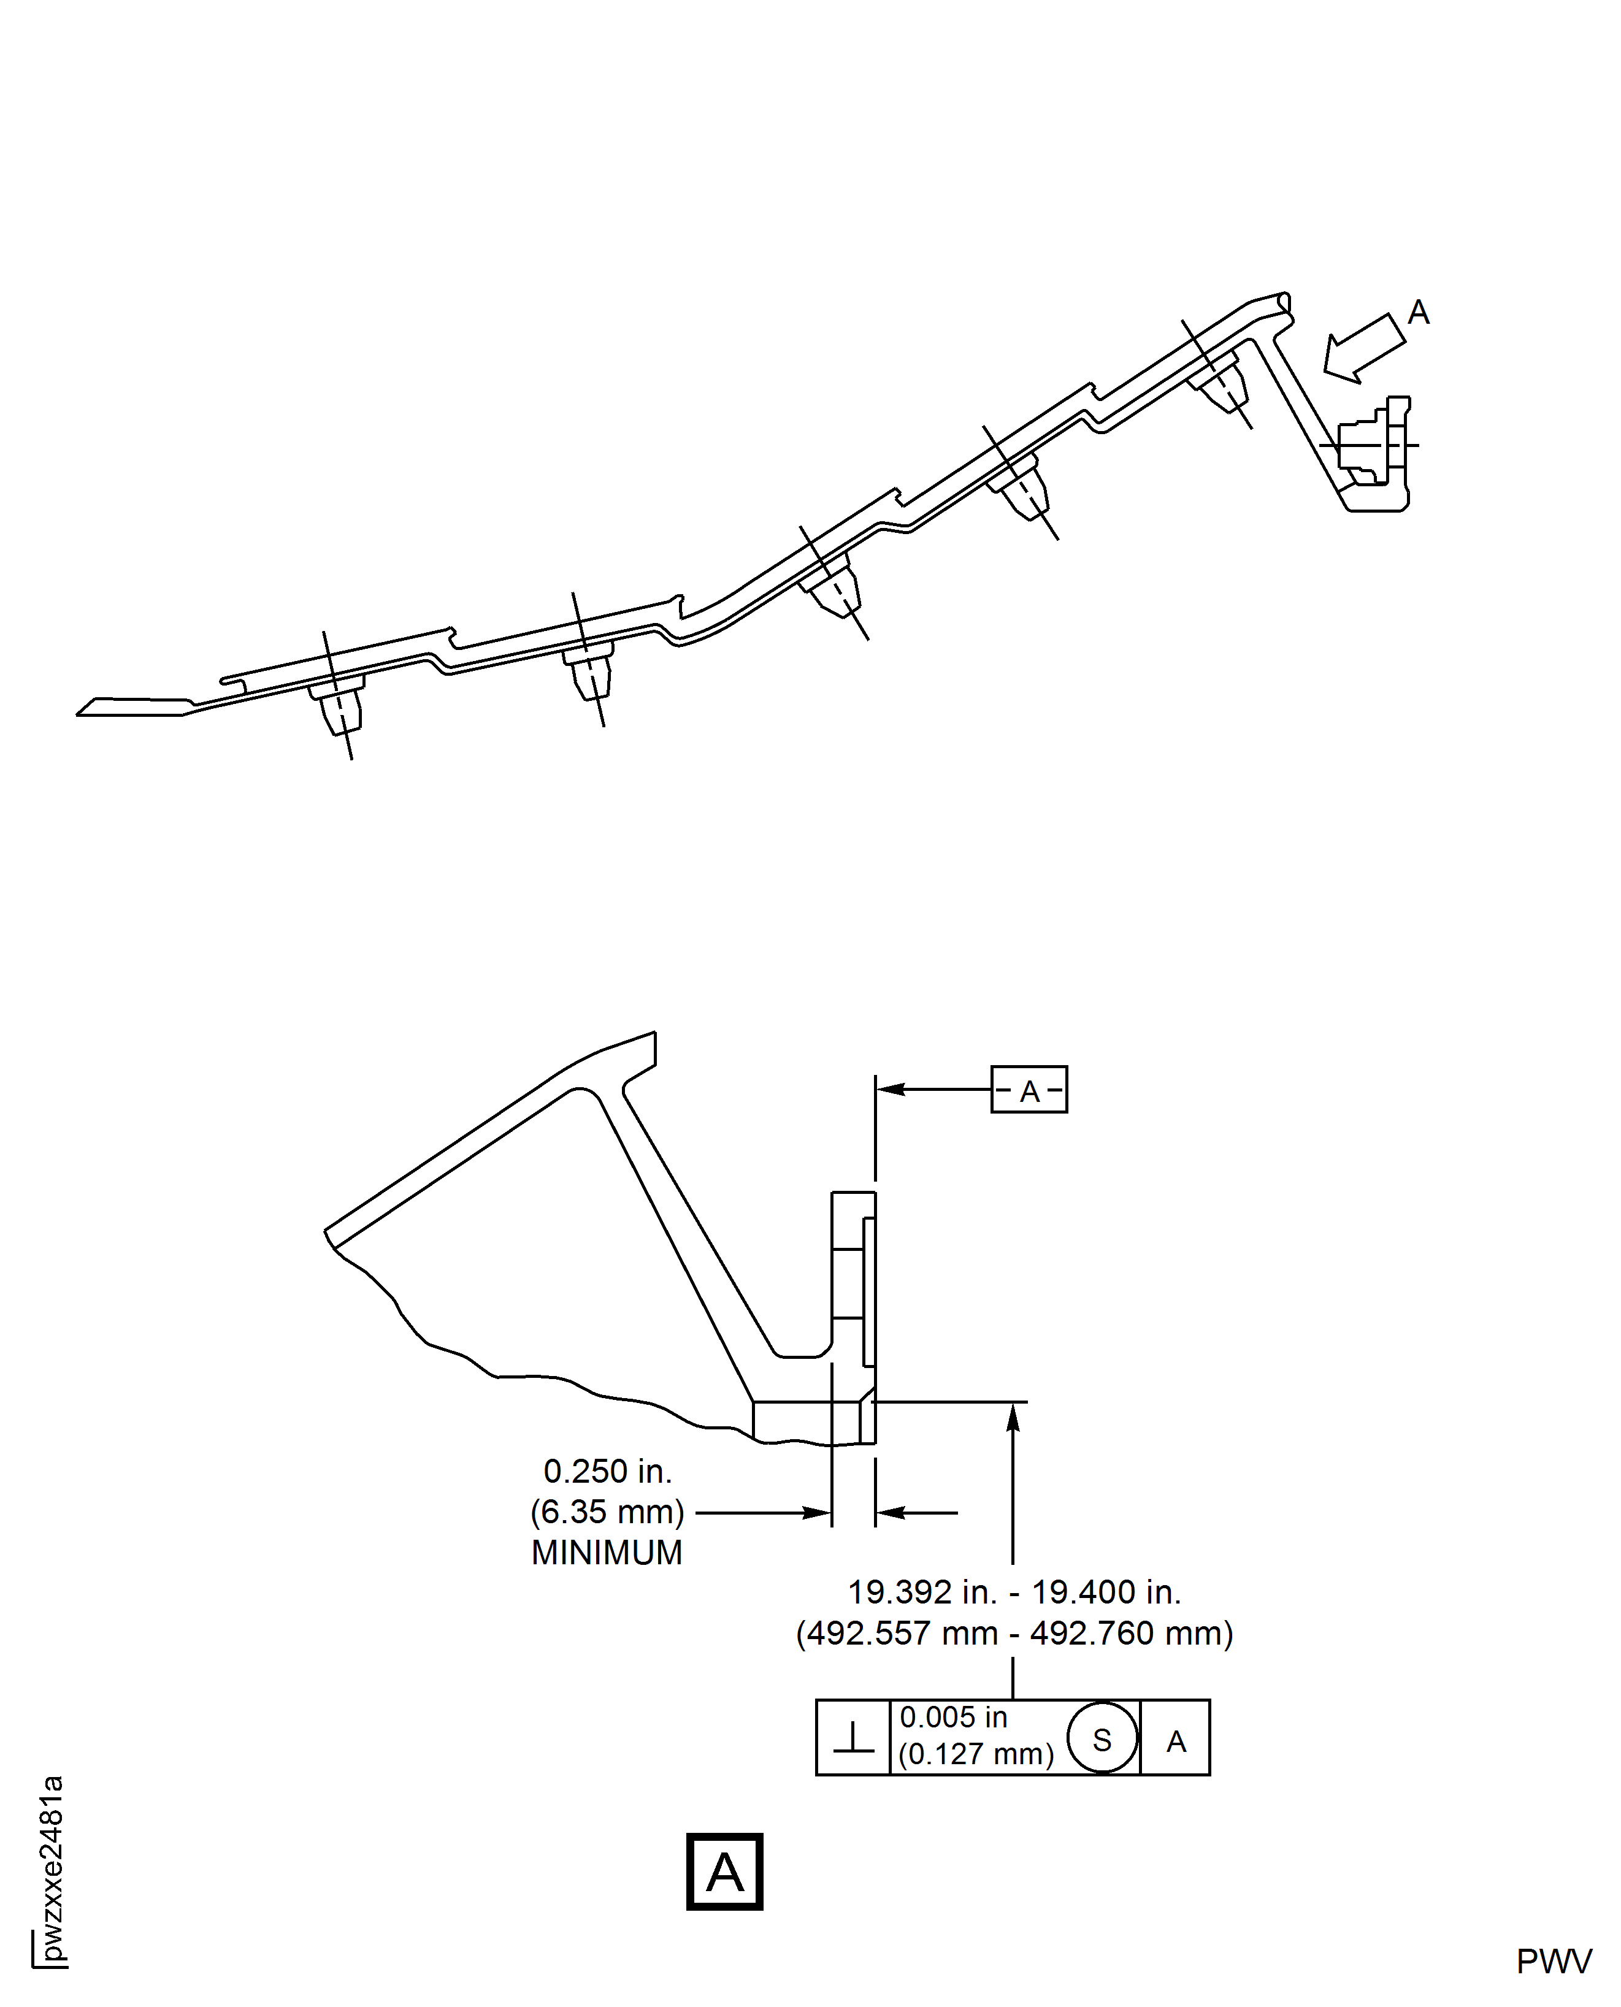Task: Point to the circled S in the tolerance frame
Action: pos(1102,1738)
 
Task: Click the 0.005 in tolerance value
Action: pos(953,1718)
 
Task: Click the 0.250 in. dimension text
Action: pos(608,1472)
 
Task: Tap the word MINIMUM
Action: pos(607,1553)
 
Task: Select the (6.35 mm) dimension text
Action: pos(608,1512)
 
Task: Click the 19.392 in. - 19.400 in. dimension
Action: pos(1014,1592)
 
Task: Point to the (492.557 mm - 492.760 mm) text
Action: pos(1014,1634)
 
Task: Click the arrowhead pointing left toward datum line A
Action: pos(890,1090)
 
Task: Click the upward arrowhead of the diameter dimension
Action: pos(1013,1417)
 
